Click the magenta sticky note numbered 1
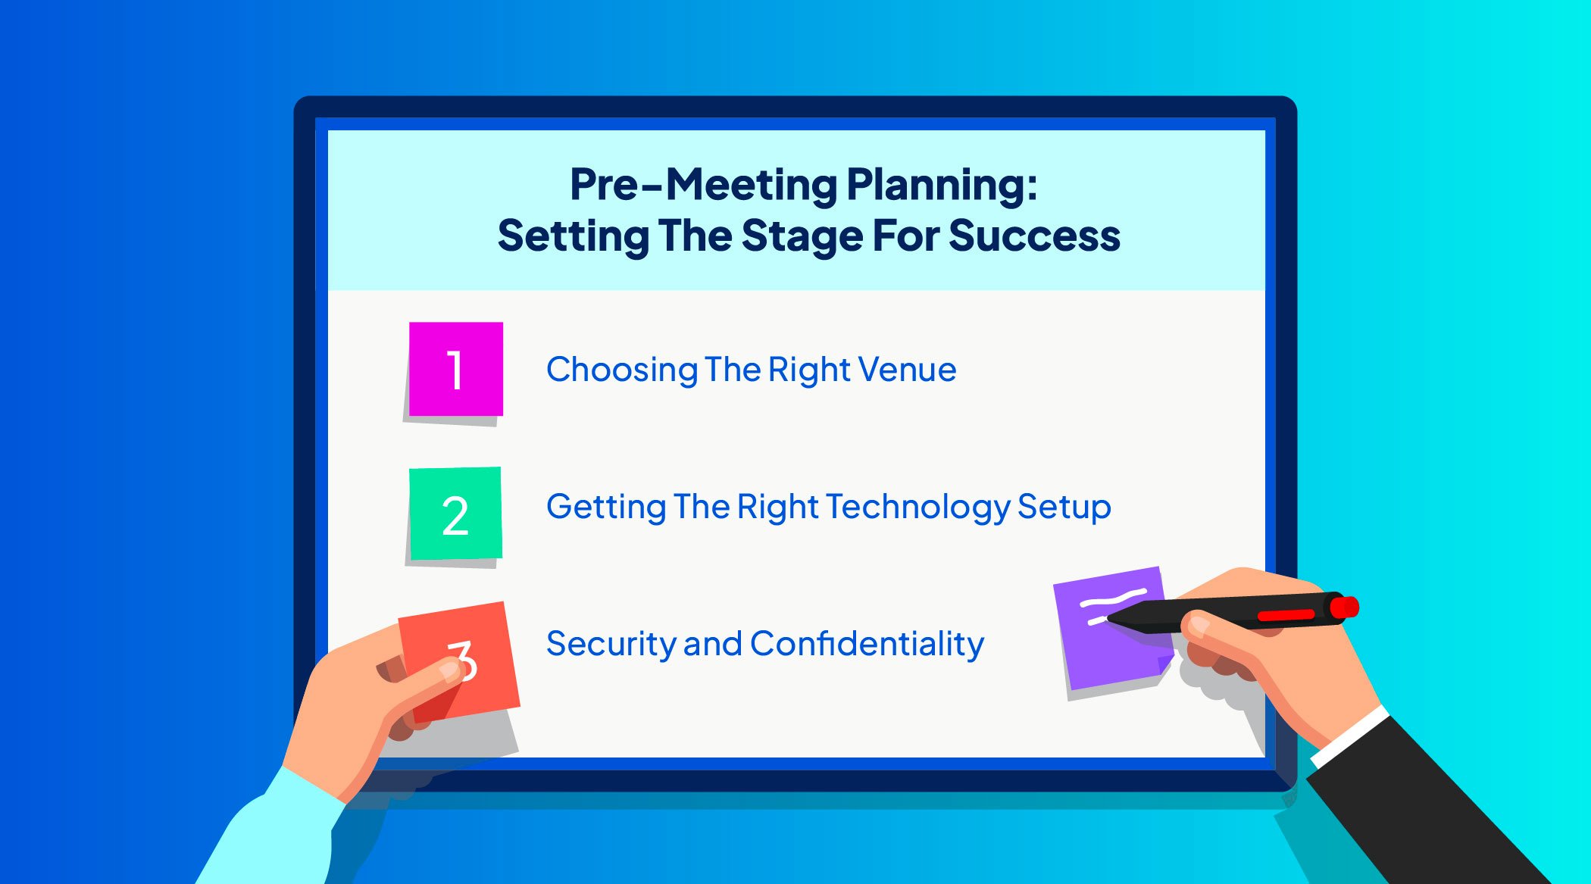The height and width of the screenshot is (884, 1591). tap(456, 369)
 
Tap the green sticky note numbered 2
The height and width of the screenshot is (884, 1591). tap(455, 514)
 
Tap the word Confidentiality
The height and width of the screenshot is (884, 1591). tap(867, 644)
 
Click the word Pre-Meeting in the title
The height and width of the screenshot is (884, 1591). tap(704, 185)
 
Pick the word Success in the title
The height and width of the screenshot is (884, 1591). tap(1034, 236)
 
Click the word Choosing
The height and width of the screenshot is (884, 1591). tap(622, 370)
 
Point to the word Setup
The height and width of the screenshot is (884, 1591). tap(1064, 508)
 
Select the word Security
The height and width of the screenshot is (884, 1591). tap(611, 645)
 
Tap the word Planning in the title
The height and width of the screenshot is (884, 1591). tap(942, 185)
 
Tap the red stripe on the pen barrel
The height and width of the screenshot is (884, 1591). tap(1286, 614)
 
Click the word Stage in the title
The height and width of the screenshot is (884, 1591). tap(802, 236)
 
